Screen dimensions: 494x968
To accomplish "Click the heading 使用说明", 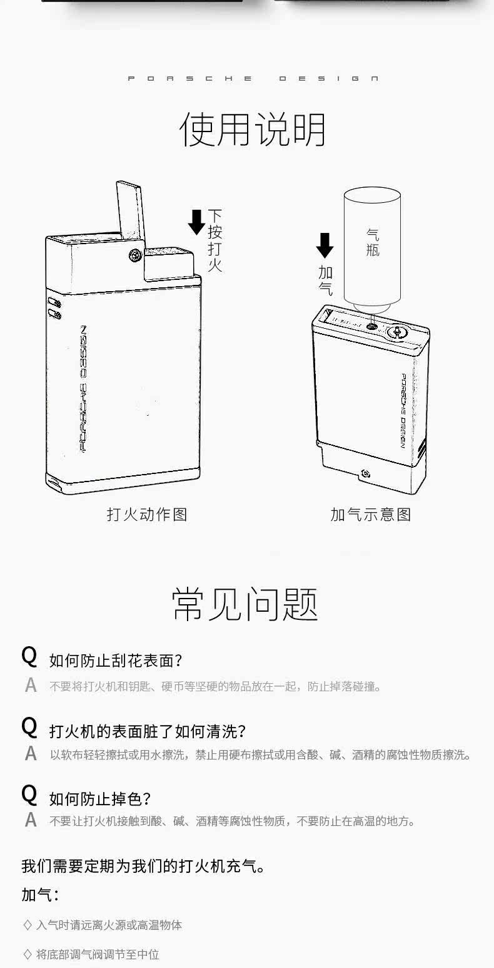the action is point(253,130).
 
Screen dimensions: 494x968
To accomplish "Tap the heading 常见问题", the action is point(245,604).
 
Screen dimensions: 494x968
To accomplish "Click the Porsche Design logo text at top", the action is point(253,79).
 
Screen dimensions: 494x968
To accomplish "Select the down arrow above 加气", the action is point(325,245).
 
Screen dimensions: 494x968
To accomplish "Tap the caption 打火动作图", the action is point(147,515).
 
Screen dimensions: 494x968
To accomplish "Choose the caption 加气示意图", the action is point(370,515).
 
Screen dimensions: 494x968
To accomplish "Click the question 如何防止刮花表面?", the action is point(116,661).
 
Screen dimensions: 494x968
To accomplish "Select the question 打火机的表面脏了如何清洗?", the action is point(148,731).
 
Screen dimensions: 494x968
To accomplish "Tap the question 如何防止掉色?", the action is point(100,799).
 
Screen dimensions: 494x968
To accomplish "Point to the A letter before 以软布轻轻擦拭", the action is point(31,754).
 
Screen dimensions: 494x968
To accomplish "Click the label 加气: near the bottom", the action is point(40,895).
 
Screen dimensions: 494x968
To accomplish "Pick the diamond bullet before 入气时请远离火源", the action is point(27,925).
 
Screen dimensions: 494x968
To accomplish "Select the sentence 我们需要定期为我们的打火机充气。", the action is point(143,867).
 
